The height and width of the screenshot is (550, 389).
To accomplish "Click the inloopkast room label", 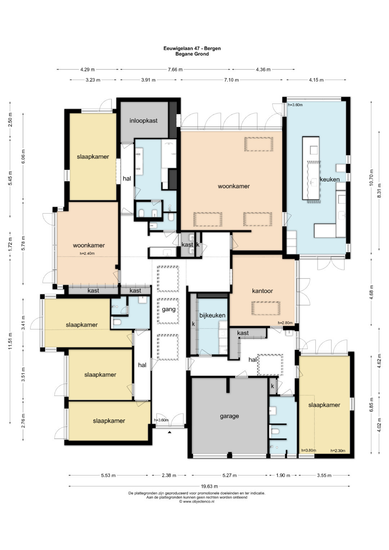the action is [143, 121].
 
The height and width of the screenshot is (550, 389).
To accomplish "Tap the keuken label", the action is [330, 179].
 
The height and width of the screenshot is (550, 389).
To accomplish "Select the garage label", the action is [229, 416].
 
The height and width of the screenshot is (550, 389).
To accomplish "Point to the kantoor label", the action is [263, 291].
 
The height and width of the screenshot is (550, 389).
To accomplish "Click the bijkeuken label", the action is [212, 315].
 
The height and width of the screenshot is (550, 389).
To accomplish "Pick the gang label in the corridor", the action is [169, 309].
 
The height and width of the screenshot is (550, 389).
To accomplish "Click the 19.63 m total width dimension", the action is [210, 486].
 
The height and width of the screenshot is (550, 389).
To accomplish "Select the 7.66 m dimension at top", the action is [175, 70].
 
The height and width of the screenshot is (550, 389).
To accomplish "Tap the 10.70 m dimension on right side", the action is [371, 178].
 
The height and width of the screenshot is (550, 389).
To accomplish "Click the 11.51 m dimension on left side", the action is [10, 341].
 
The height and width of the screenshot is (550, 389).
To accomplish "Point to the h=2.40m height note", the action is [87, 253].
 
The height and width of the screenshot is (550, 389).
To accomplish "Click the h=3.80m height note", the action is [309, 450].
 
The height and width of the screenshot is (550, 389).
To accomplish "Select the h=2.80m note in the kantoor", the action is [285, 323].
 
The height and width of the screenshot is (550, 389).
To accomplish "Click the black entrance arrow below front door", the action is [169, 432].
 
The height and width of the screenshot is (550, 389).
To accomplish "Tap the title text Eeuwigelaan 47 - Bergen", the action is [192, 48].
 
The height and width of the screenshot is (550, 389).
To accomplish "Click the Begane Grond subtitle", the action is [192, 54].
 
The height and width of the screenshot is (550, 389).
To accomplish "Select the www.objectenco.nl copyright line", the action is [196, 501].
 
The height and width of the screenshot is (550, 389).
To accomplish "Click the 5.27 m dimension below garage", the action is [229, 475].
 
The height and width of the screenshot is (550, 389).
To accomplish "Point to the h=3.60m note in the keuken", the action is [295, 105].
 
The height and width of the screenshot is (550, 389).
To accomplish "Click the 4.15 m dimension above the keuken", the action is [316, 80].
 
